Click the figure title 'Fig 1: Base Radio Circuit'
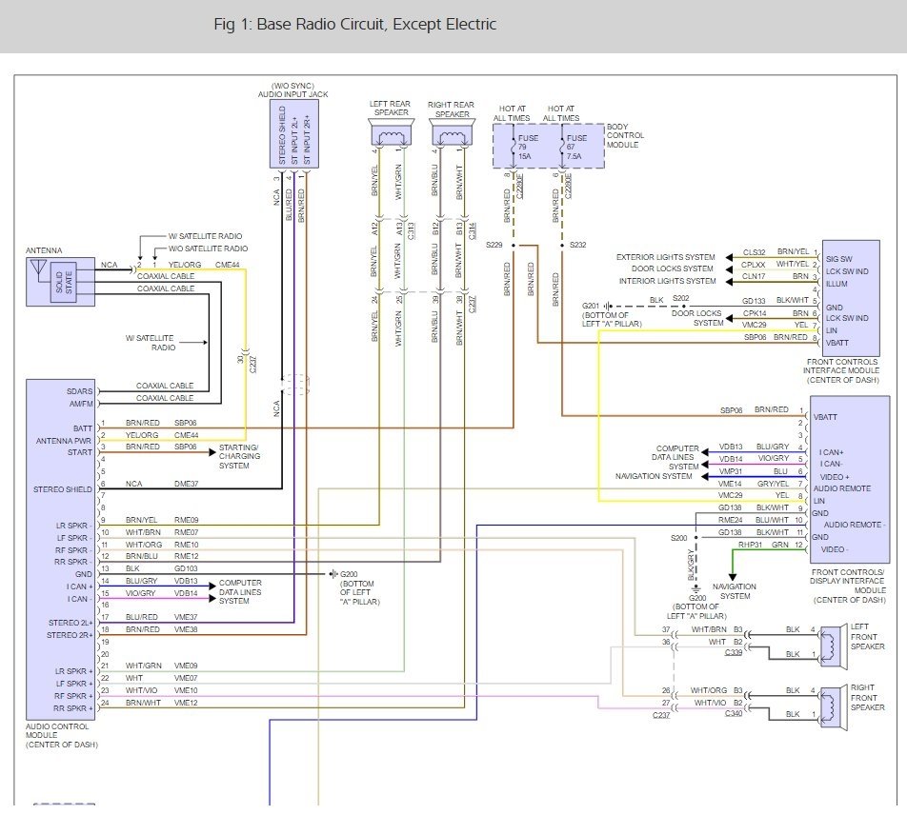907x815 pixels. [x=354, y=25]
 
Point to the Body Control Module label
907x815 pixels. [x=625, y=136]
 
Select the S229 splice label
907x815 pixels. [x=494, y=245]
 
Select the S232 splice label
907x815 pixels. [x=577, y=245]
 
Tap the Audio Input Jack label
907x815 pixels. [x=292, y=91]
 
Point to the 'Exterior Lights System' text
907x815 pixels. [x=665, y=257]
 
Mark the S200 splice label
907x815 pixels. [x=678, y=538]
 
